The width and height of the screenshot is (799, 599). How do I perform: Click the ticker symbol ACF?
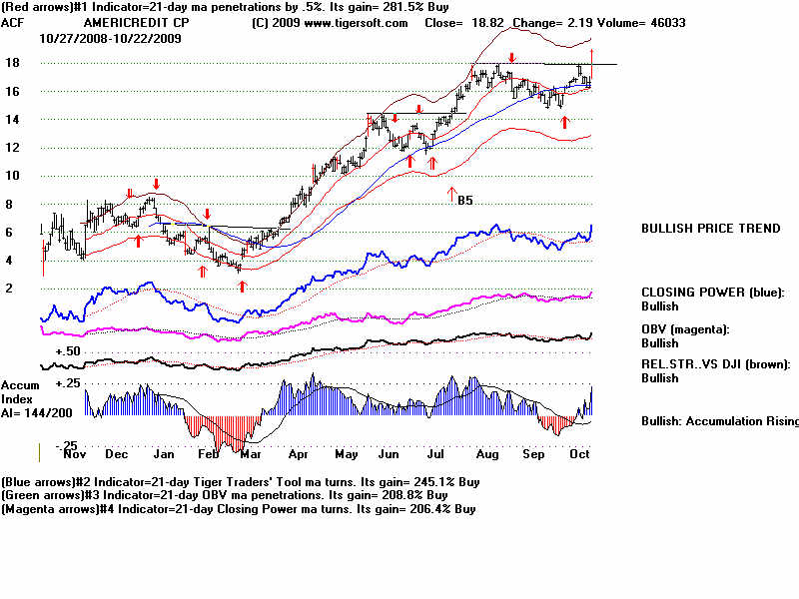[13, 22]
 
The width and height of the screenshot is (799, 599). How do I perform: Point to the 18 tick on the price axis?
[12, 63]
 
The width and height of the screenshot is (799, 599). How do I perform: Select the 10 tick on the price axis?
[12, 176]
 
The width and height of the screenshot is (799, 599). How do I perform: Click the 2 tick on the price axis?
[9, 289]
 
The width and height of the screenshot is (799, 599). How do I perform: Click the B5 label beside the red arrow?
[464, 201]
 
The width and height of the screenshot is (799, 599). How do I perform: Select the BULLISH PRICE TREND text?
[710, 229]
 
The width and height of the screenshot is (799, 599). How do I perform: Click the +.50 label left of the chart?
[67, 352]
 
